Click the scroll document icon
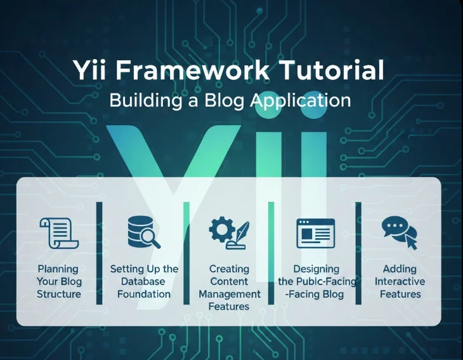[x=58, y=232]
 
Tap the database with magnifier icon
[x=143, y=232]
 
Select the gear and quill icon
[x=229, y=232]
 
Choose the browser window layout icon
[x=315, y=232]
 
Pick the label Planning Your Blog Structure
[x=59, y=281]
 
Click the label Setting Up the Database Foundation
[x=144, y=281]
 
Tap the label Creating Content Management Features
[x=230, y=288]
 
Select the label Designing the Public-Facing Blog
[x=316, y=281]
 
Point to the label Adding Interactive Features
[x=400, y=281]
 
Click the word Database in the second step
[x=144, y=281]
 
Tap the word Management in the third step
[x=230, y=294]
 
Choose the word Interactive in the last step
[x=400, y=281]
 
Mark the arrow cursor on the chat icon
[x=410, y=241]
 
